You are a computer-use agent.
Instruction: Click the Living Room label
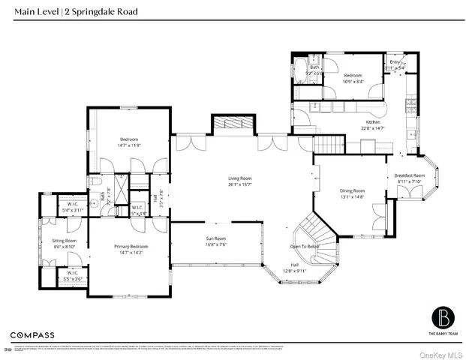click(x=239, y=178)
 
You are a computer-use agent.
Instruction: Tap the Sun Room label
click(x=216, y=238)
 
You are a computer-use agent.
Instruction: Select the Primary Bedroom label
click(x=131, y=247)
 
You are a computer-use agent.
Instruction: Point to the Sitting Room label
click(x=65, y=241)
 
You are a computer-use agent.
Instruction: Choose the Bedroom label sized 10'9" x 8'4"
click(x=354, y=76)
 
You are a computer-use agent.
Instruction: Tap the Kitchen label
click(x=373, y=121)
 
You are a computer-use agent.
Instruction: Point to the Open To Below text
click(x=305, y=246)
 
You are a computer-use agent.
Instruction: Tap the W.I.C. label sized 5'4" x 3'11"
click(x=73, y=204)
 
